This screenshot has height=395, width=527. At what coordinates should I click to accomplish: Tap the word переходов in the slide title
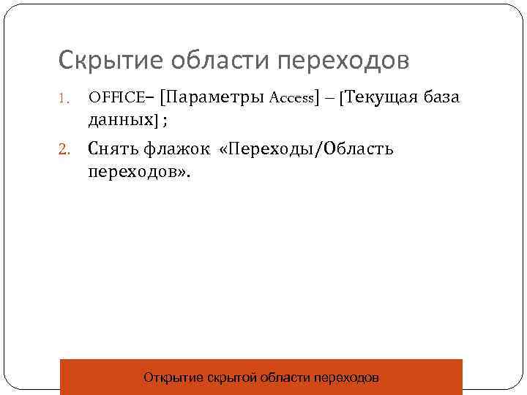(340, 61)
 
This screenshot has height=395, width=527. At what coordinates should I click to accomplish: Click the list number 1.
(64, 98)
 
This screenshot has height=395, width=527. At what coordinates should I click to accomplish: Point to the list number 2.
(64, 150)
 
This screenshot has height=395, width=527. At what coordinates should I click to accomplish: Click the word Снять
(113, 149)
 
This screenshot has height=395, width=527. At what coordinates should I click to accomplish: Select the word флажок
(175, 149)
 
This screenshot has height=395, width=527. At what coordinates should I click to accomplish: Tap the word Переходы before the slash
(270, 149)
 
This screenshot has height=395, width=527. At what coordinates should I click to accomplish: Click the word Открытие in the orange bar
(172, 378)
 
